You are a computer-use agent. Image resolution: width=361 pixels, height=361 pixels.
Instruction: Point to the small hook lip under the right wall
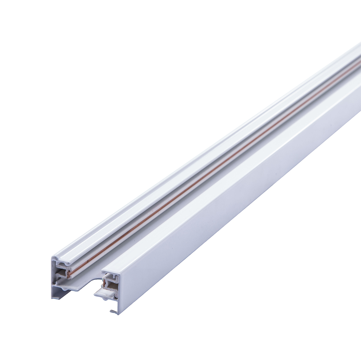[113, 311]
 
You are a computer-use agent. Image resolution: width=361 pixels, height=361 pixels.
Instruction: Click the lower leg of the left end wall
[54, 292]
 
